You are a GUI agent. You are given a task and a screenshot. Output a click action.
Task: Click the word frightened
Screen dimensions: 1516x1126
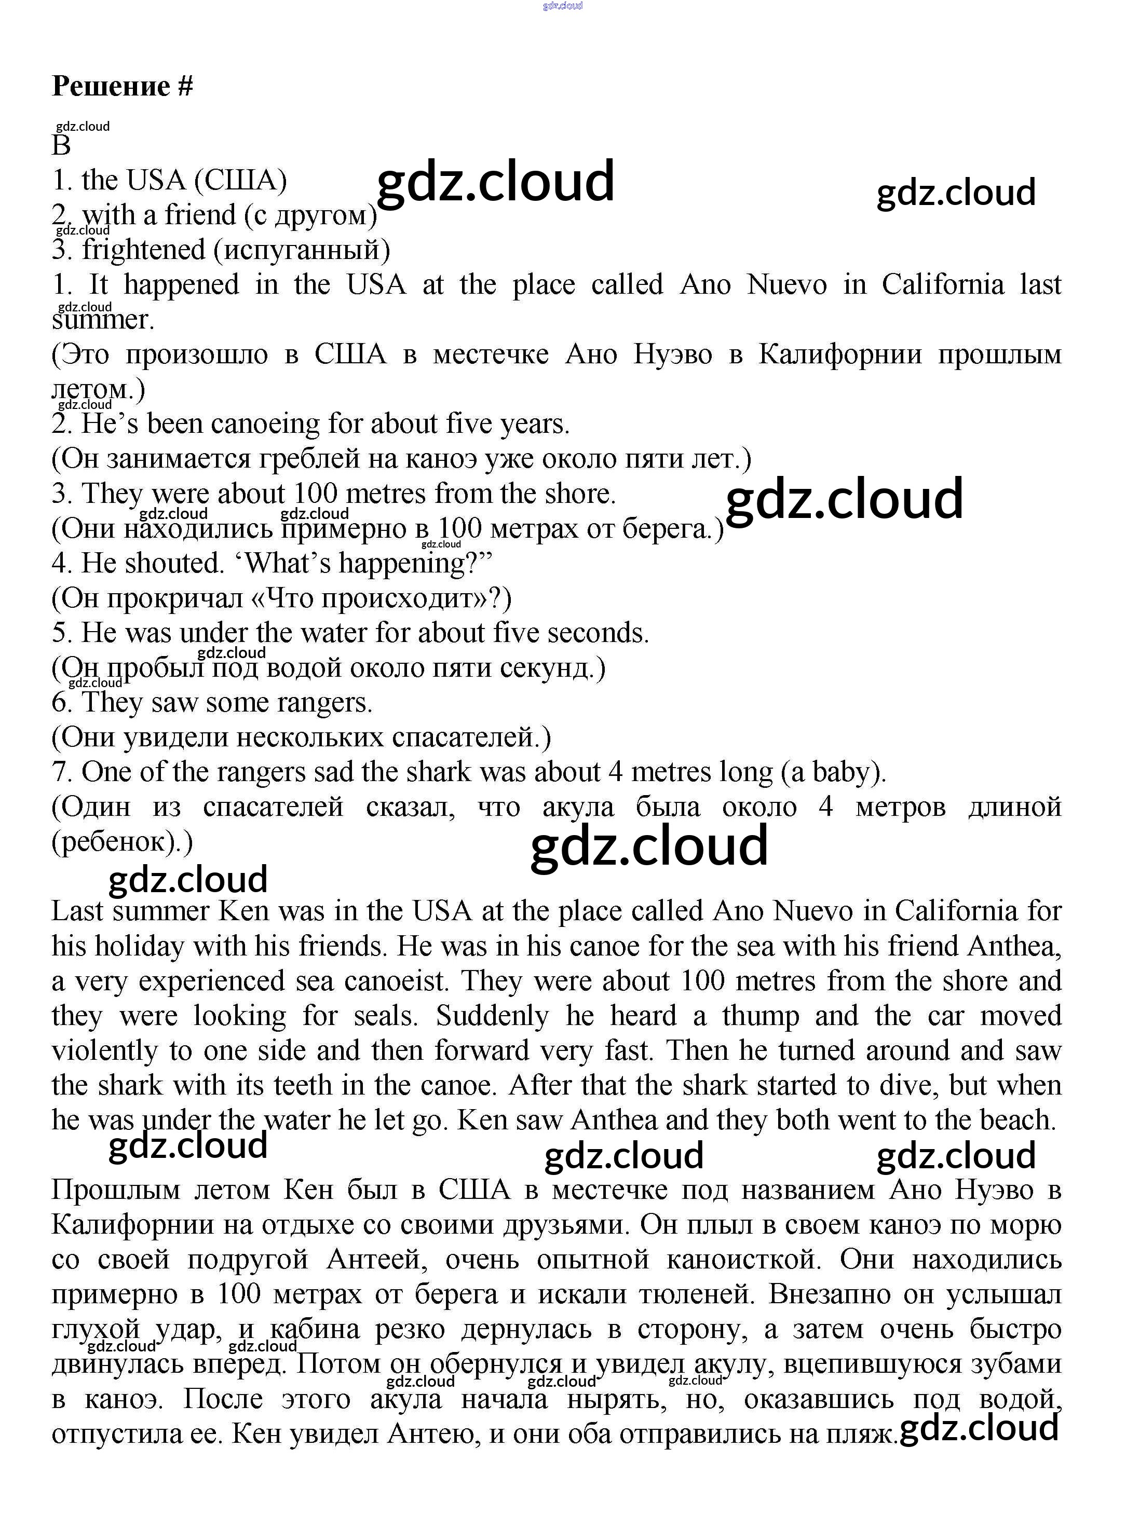pos(144,250)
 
